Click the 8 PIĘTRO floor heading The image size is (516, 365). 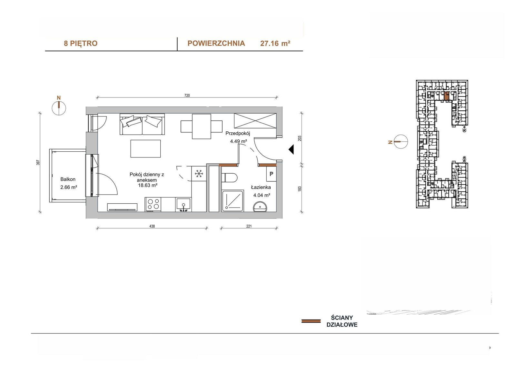pyautogui.click(x=81, y=43)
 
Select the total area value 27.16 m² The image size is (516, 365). pyautogui.click(x=275, y=43)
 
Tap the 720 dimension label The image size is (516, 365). pyautogui.click(x=187, y=96)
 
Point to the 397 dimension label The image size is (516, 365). pyautogui.click(x=38, y=162)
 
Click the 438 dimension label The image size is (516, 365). pyautogui.click(x=152, y=226)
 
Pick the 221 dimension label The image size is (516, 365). pyautogui.click(x=249, y=226)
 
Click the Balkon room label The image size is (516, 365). pyautogui.click(x=68, y=179)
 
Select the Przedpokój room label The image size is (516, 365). pyautogui.click(x=238, y=133)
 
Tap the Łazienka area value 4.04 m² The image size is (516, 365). pyautogui.click(x=262, y=195)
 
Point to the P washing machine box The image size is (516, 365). pyautogui.click(x=271, y=174)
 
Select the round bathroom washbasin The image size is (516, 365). pyautogui.click(x=260, y=207)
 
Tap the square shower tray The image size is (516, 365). pyautogui.click(x=233, y=201)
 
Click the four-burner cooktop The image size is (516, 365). pyautogui.click(x=153, y=204)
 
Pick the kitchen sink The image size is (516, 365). pyautogui.click(x=184, y=205)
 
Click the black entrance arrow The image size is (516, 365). pyautogui.click(x=291, y=149)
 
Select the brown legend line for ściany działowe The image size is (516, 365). pyautogui.click(x=311, y=321)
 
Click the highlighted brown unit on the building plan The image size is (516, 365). pyautogui.click(x=446, y=96)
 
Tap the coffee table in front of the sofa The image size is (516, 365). pyautogui.click(x=145, y=149)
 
